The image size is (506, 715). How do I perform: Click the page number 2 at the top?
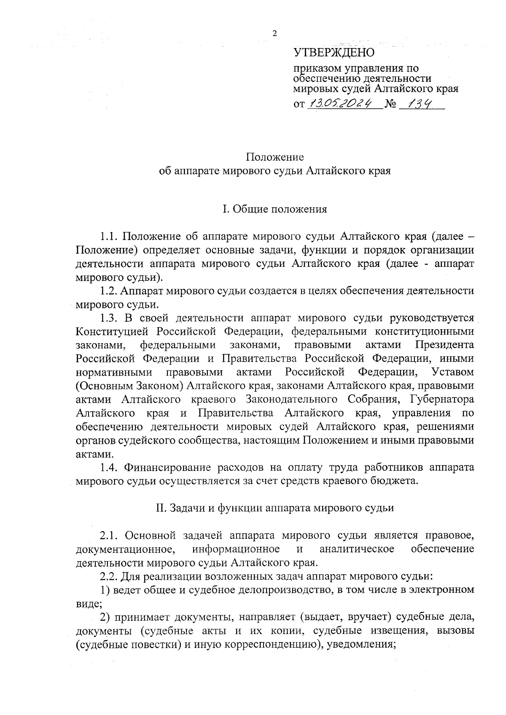[275, 34]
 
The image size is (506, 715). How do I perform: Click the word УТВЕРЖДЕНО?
[334, 53]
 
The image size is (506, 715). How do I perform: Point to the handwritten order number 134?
[417, 103]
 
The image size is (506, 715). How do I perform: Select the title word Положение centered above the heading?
[275, 158]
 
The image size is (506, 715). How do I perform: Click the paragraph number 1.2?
[110, 291]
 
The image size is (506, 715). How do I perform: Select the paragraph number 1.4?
[111, 468]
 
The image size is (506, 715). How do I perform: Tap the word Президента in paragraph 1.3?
[444, 345]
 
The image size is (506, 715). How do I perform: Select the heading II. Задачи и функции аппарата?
[275, 508]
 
